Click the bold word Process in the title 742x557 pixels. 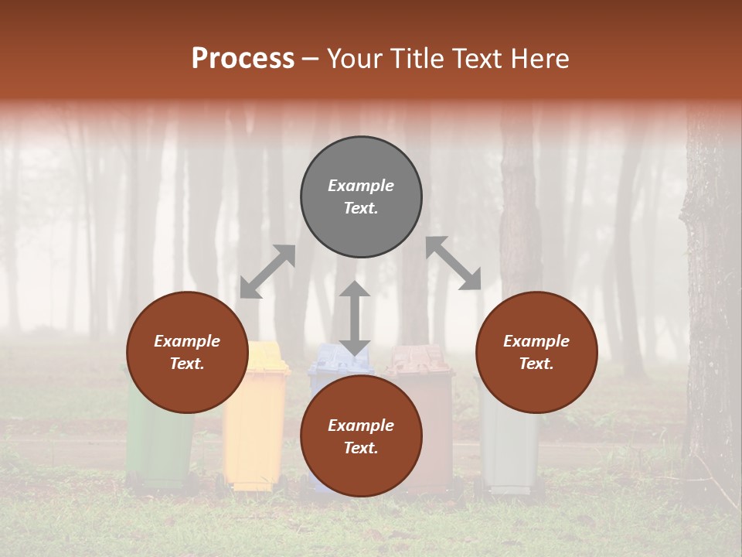(243, 58)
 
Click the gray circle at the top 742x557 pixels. (361, 162)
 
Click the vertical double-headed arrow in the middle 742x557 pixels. (355, 318)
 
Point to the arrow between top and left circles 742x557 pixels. (267, 271)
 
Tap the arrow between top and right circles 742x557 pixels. (454, 263)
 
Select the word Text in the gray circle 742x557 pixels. (360, 208)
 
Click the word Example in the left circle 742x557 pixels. (187, 341)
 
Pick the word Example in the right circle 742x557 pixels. (536, 341)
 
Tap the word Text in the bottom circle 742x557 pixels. (360, 448)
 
